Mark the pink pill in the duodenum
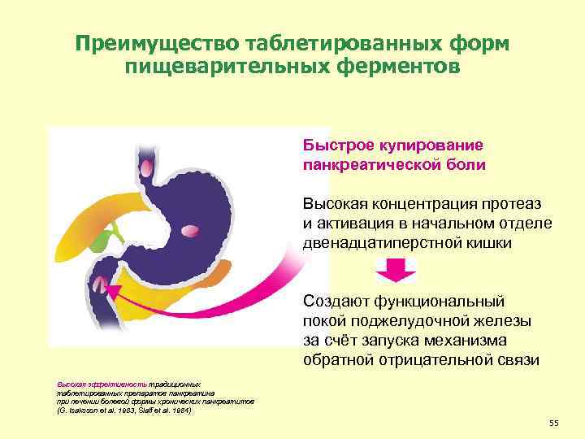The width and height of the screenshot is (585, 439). (99, 284)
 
